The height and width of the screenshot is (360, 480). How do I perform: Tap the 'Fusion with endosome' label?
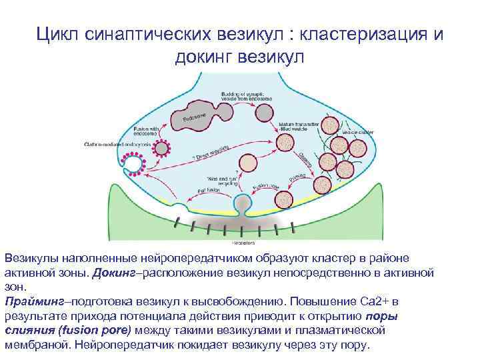click(x=147, y=131)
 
